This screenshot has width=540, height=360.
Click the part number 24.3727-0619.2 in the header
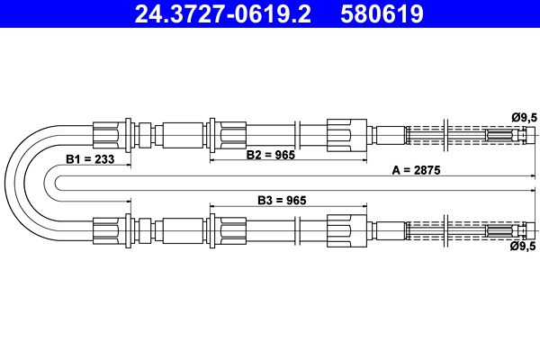click(223, 13)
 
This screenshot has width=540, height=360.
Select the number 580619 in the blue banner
click(382, 13)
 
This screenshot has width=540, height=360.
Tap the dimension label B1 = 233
click(90, 159)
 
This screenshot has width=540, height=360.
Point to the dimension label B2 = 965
click(271, 155)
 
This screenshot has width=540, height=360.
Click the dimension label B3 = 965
click(282, 200)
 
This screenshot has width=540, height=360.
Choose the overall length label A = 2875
click(416, 170)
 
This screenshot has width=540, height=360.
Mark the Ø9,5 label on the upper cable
click(524, 118)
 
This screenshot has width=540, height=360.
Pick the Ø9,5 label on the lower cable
click(524, 246)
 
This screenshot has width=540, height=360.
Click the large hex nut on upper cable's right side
click(346, 135)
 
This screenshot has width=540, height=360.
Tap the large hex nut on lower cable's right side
click(346, 230)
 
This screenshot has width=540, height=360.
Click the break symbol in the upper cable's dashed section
click(445, 135)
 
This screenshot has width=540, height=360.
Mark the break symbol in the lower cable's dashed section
click(445, 230)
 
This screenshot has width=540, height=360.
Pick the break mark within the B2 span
click(298, 135)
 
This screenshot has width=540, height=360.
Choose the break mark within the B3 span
click(298, 230)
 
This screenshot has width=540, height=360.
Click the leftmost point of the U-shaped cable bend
click(5, 183)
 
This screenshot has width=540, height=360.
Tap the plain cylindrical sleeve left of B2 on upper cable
click(183, 135)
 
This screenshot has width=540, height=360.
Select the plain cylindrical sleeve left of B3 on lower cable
click(183, 230)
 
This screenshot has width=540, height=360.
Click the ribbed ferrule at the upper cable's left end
click(105, 135)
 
